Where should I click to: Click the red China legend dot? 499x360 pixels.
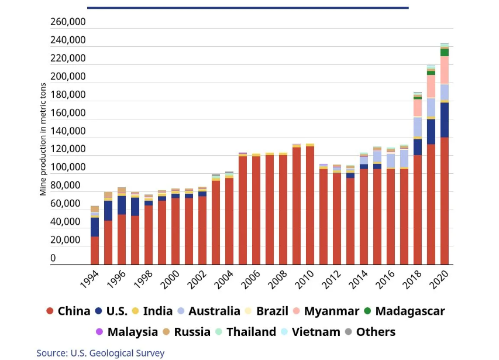point(49,311)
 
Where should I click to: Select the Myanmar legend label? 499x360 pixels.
point(331,311)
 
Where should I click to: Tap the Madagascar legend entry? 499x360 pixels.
point(410,311)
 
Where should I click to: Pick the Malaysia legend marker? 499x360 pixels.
point(99,332)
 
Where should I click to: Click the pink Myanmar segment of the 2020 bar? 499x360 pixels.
point(445,70)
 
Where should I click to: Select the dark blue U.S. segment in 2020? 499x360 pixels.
point(445,119)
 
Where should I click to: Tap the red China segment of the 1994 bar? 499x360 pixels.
point(95,250)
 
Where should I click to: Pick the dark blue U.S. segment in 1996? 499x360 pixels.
point(122,205)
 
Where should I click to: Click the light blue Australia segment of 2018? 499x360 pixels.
point(418,127)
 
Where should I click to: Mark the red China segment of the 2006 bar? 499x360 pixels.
point(242,211)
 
